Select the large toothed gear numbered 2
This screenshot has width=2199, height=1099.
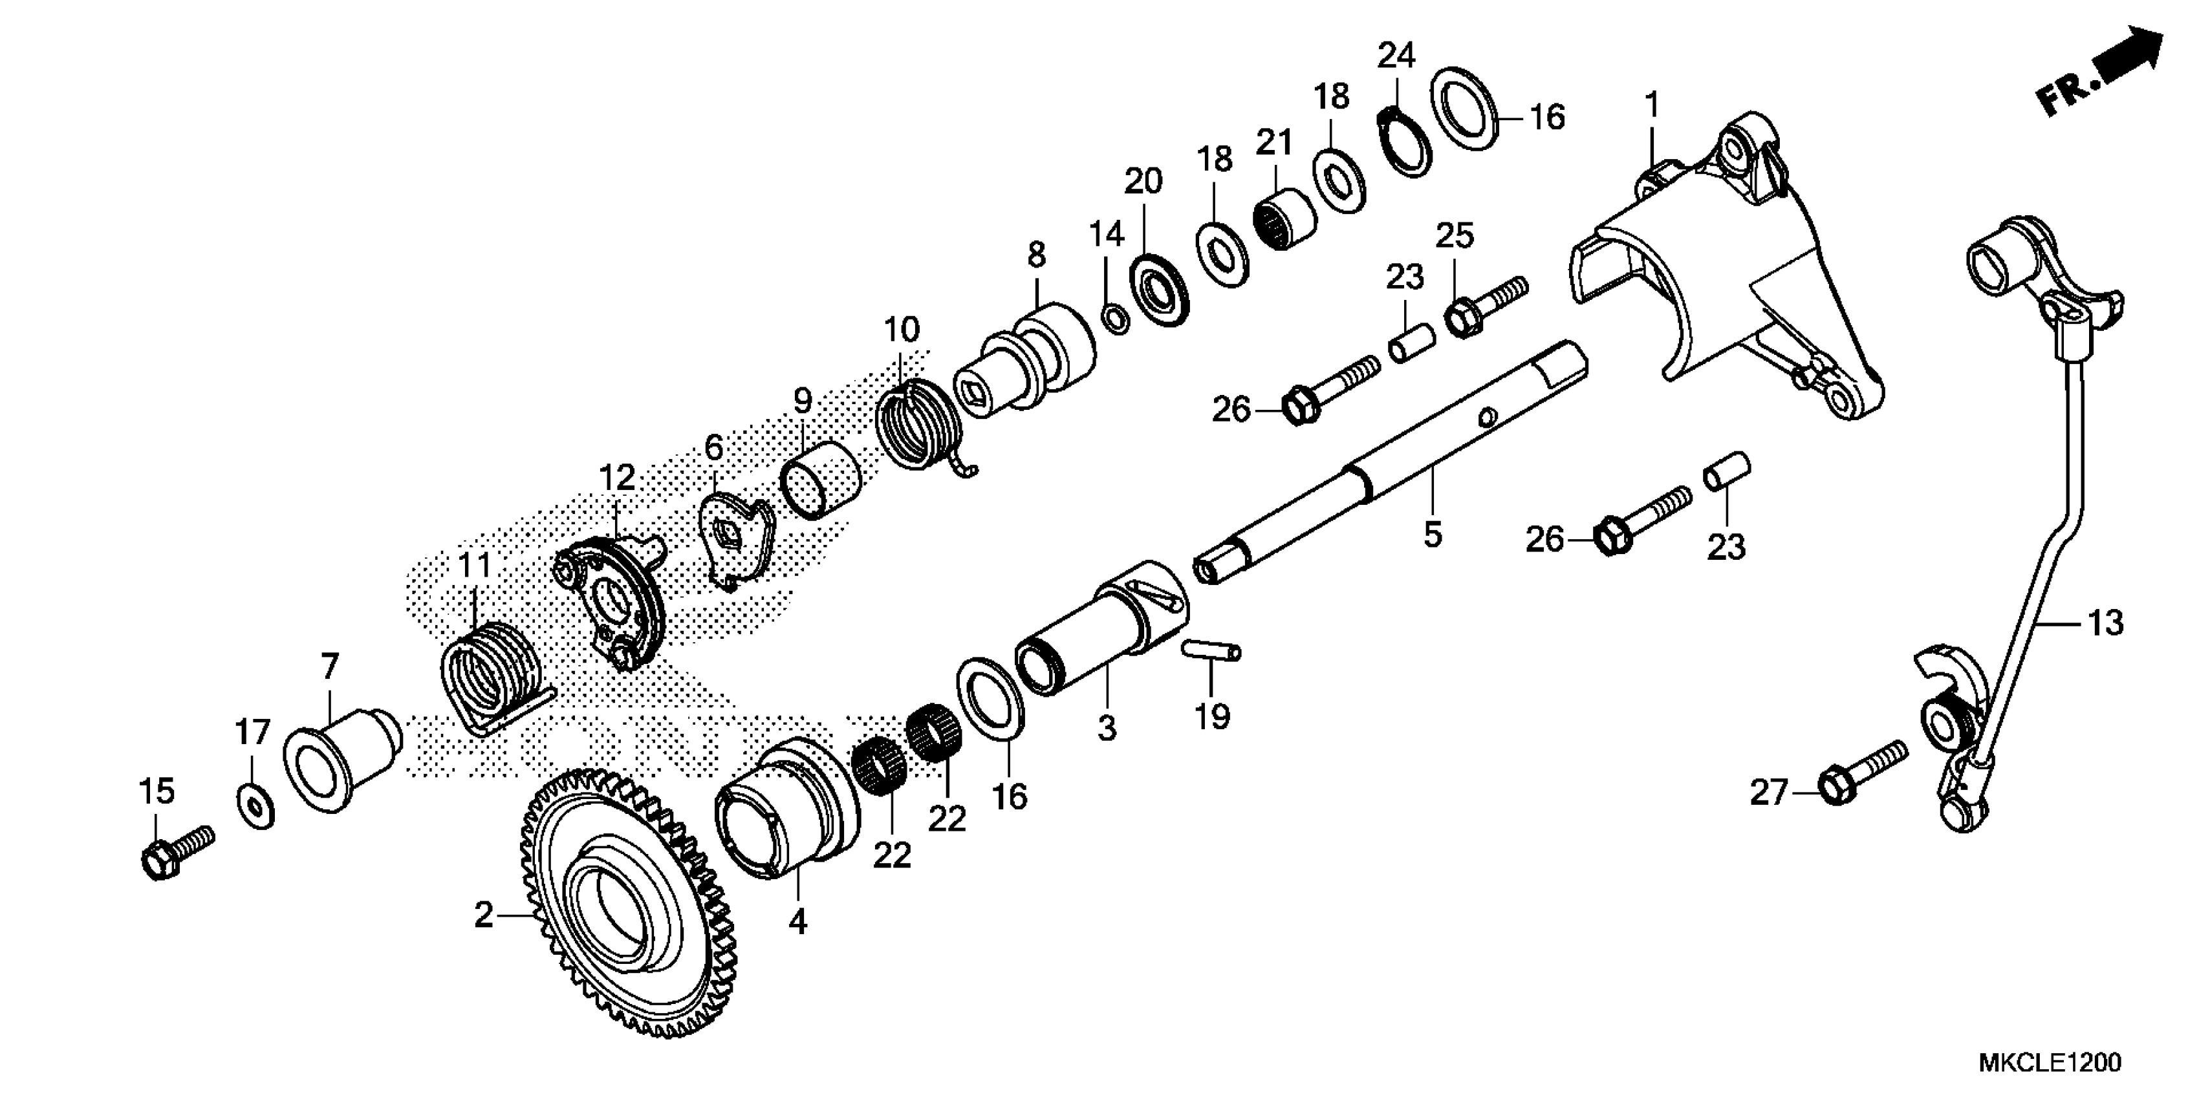pos(627,904)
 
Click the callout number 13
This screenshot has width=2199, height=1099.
pos(2105,623)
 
